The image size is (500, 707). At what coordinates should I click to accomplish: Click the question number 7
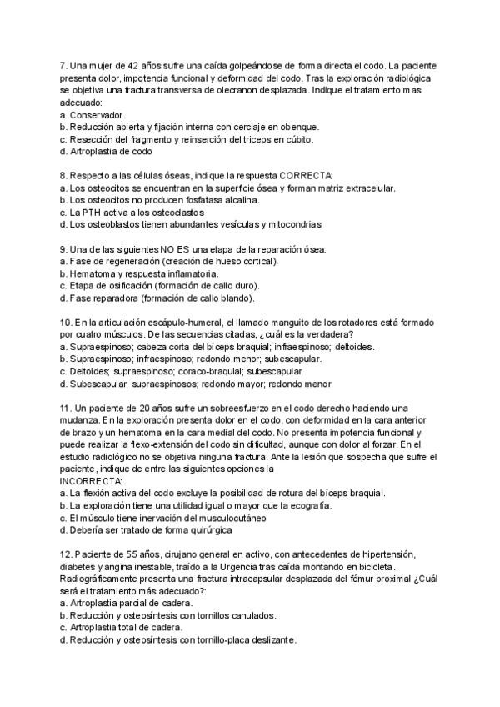pyautogui.click(x=64, y=65)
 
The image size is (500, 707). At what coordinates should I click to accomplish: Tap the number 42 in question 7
pyautogui.click(x=139, y=65)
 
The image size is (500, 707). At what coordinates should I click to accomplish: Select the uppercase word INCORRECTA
pyautogui.click(x=92, y=481)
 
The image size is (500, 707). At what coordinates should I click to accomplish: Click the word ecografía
pyautogui.click(x=308, y=505)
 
